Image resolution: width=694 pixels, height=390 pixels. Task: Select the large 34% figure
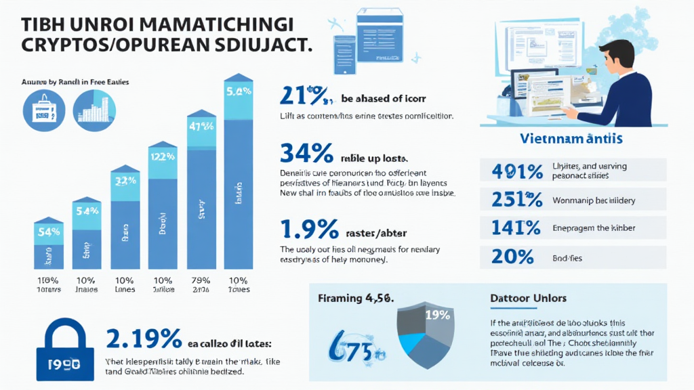tap(306, 154)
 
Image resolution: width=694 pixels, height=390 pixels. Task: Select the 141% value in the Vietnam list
tap(515, 227)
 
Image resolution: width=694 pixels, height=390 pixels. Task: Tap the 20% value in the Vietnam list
tap(512, 256)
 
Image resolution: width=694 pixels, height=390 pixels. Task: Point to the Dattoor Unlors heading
tap(528, 298)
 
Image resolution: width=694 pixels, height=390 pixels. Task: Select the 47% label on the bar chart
tap(201, 125)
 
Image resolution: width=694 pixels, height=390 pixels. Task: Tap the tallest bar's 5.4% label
tap(239, 90)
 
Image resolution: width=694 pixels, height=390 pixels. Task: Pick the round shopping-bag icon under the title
tap(43, 109)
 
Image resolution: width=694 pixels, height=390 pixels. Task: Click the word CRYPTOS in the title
tap(60, 46)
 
